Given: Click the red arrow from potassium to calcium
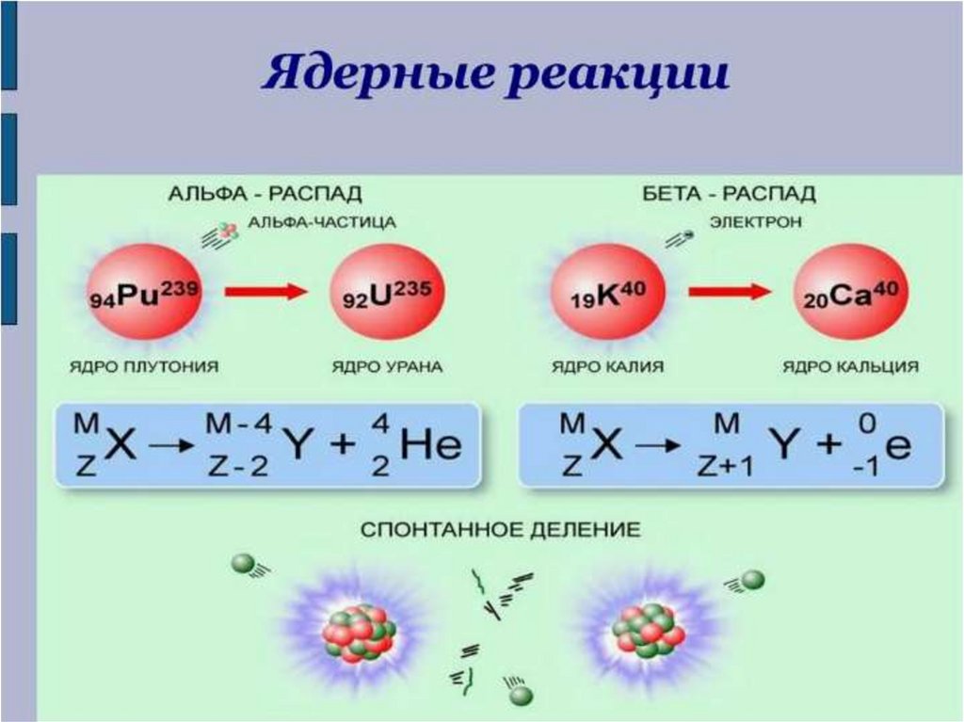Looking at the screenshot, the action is (x=730, y=292).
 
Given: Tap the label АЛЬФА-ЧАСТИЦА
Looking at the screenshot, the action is (x=321, y=222).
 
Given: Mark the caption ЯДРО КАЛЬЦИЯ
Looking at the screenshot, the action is (x=850, y=367).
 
